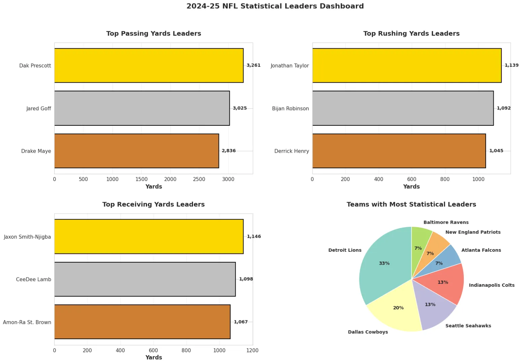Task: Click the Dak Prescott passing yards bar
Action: [x=149, y=65]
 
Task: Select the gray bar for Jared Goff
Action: [x=142, y=108]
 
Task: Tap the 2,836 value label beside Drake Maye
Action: [x=229, y=151]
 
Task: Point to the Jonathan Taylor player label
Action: [x=290, y=66]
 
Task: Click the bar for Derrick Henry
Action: [x=399, y=151]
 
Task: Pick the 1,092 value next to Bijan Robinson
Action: [x=503, y=108]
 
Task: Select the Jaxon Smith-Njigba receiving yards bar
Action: [x=149, y=236]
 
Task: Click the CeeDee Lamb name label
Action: [x=34, y=279]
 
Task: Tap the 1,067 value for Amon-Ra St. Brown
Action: [x=241, y=322]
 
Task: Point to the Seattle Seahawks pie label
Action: [x=468, y=326]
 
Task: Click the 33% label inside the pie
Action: [x=384, y=263]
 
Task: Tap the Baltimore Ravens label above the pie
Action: [x=446, y=222]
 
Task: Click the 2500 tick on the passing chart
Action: [x=199, y=179]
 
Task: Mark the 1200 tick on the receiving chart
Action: [x=252, y=351]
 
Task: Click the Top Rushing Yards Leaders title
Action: [x=411, y=33]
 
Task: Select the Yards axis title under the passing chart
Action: [x=154, y=187]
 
